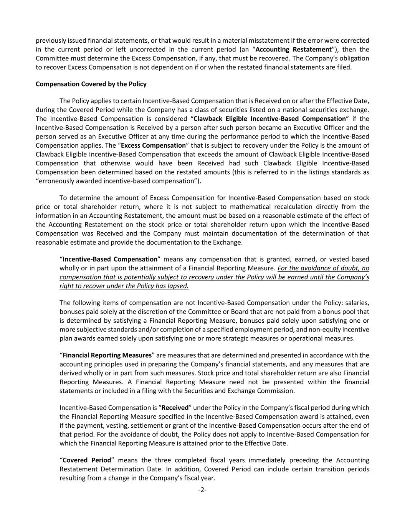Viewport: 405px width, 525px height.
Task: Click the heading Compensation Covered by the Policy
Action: pyautogui.click(x=91, y=84)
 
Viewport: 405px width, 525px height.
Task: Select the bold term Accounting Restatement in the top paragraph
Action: pyautogui.click(x=293, y=49)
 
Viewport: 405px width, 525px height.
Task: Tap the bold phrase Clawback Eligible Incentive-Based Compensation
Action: pyautogui.click(x=269, y=118)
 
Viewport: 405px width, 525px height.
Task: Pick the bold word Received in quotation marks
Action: pyautogui.click(x=175, y=408)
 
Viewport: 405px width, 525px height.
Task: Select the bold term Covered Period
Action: pyautogui.click(x=87, y=460)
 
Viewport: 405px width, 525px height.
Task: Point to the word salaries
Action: pyautogui.click(x=358, y=303)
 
